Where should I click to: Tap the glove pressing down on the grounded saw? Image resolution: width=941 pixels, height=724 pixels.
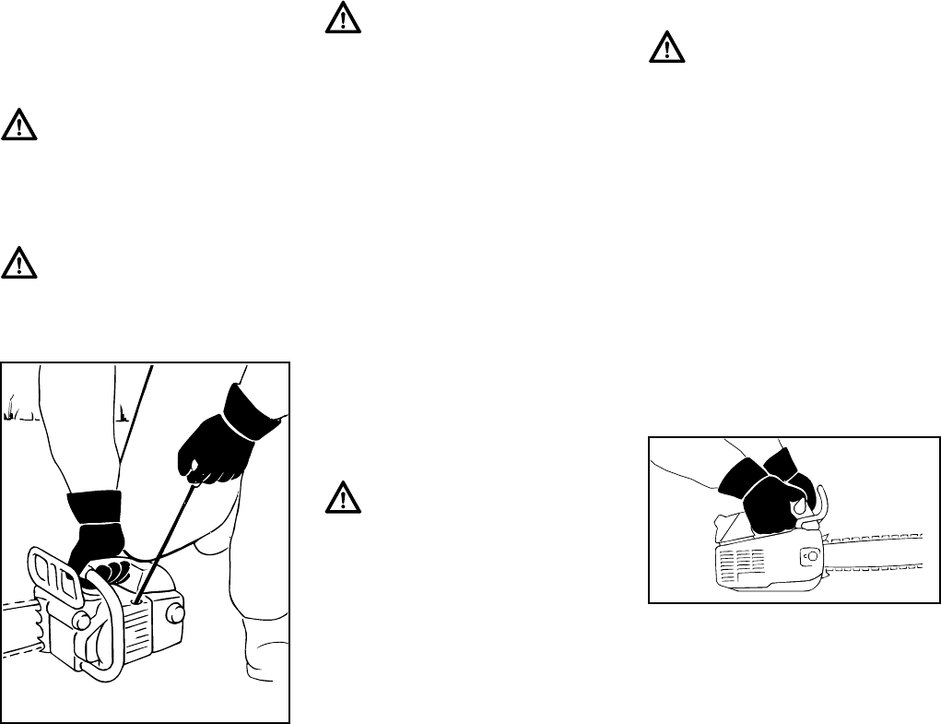tap(94, 535)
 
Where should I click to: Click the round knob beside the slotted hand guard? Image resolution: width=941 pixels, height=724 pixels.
tap(79, 621)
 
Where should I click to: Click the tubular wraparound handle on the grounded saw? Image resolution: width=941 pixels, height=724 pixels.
tap(111, 636)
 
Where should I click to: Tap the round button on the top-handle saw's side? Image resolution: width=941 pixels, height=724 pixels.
tap(809, 556)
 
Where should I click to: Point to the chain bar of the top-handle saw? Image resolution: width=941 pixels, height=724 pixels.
tap(876, 553)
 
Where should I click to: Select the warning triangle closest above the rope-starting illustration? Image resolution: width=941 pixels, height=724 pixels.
tap(19, 262)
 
